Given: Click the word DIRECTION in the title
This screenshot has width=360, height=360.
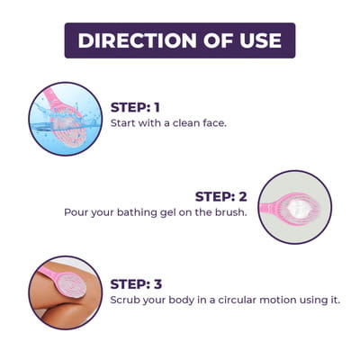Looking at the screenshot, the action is point(138,40).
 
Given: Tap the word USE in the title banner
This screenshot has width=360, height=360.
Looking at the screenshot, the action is point(261,40).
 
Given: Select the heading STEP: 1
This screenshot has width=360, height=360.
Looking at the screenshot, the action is point(135,107).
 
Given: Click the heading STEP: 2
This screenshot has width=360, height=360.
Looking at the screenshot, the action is point(220,196).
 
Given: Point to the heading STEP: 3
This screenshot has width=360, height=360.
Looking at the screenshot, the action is point(136,284).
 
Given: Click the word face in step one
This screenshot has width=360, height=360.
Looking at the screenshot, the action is point(214,123).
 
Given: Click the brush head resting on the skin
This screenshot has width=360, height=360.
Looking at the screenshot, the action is point(71,284).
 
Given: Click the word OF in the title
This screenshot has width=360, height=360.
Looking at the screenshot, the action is point(218,40).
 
